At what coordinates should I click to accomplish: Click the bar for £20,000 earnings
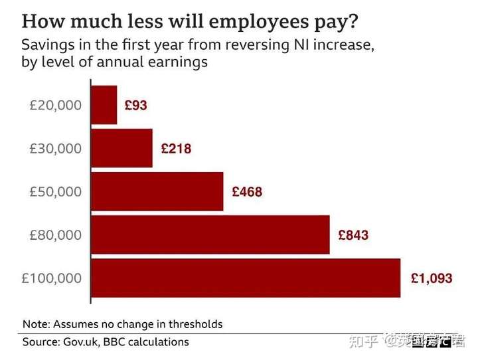(104, 105)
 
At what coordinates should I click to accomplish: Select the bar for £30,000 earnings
(121, 148)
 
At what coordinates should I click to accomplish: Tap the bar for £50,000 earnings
(157, 191)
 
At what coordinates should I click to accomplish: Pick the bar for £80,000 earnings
(210, 234)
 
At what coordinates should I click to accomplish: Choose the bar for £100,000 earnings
(245, 278)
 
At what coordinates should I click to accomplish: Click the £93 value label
(135, 106)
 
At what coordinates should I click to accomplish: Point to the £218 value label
(176, 149)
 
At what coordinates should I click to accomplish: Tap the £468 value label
(247, 192)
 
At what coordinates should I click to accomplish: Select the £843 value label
(353, 235)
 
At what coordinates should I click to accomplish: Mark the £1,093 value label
(432, 278)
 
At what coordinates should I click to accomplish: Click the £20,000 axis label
(56, 106)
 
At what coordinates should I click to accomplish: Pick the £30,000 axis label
(56, 149)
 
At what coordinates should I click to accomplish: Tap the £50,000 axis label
(56, 192)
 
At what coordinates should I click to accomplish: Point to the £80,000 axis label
(56, 235)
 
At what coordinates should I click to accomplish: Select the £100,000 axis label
(52, 278)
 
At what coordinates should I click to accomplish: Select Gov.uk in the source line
(86, 342)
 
